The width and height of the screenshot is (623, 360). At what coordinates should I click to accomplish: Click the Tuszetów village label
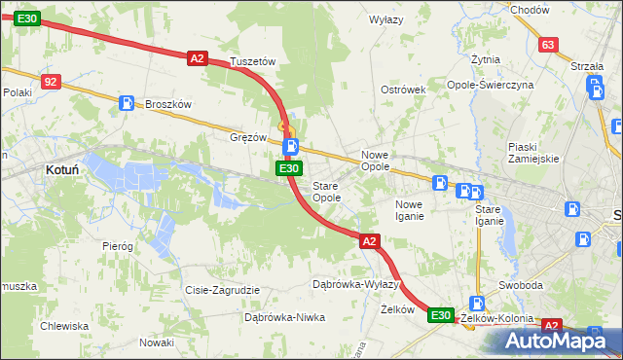coord(253,61)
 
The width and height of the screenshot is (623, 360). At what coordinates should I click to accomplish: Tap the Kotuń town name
coord(62,169)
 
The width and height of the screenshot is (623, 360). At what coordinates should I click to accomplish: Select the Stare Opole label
coord(326,192)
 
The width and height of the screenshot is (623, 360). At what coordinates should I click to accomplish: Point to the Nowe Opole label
coord(376,161)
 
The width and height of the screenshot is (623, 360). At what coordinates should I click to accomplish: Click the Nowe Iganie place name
coord(409,210)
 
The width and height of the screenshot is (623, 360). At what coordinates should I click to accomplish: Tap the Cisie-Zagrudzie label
coord(223,290)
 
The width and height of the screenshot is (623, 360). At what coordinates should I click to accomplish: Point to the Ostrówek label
coord(404,90)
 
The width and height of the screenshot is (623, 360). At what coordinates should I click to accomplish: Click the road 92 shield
coord(52,83)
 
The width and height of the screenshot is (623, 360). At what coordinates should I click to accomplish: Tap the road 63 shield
coord(548,45)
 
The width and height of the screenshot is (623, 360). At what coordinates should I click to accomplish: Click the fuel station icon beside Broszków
coord(127,102)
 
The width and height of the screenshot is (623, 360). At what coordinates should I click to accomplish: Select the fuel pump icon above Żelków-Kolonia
coord(477,304)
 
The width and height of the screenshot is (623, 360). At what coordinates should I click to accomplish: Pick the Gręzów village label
coord(248,137)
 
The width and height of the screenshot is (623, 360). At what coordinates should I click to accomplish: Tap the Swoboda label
coord(521,285)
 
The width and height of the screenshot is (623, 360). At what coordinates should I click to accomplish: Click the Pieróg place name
coord(117,246)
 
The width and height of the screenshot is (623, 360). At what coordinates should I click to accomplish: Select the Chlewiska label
coord(63,326)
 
